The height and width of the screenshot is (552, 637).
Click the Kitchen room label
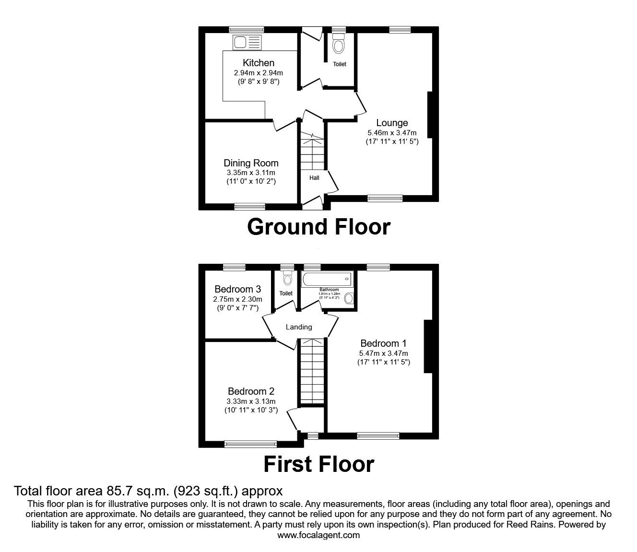coord(259,63)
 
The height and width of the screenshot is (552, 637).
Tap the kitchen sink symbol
coord(247,42)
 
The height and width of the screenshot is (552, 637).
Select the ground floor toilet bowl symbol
coord(339,46)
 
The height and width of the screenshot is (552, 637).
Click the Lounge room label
coord(392,123)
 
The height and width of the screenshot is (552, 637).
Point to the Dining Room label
coord(251,163)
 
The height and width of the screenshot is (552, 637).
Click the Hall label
coord(314,178)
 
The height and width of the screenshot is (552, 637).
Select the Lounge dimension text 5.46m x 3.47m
coord(392,133)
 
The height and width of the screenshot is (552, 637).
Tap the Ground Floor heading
coord(318,227)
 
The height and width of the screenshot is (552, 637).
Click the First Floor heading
coord(318,464)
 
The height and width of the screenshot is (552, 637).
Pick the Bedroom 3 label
coord(237,289)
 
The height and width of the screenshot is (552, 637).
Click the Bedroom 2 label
coord(251,391)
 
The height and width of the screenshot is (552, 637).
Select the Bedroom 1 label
coord(383,343)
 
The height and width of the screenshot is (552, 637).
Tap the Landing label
coord(299,327)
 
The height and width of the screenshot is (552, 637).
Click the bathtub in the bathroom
coord(327,279)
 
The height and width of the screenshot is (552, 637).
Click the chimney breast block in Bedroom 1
coord(427,346)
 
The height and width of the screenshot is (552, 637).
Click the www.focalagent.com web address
coord(318,535)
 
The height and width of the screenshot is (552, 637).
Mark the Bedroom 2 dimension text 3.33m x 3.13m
coord(251,401)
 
